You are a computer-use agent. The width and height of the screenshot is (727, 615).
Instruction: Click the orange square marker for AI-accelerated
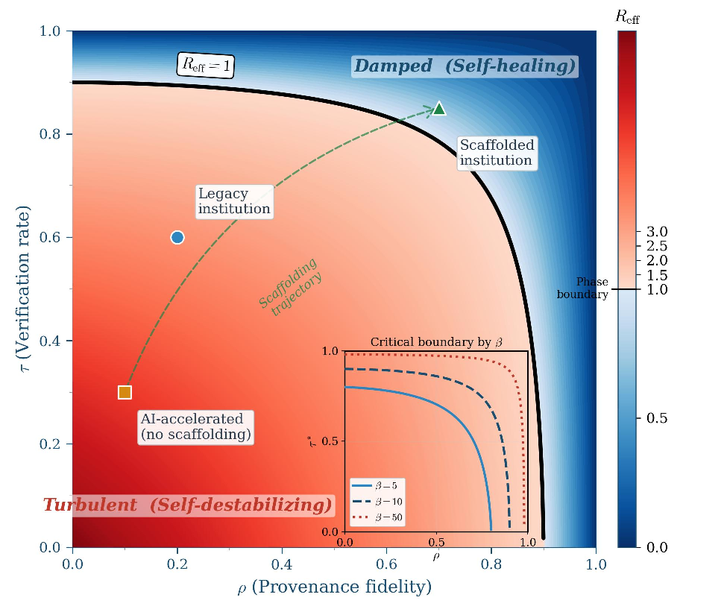(125, 392)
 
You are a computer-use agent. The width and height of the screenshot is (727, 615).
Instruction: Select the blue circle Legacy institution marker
(177, 237)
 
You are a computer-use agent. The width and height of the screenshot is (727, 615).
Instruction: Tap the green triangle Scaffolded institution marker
(439, 109)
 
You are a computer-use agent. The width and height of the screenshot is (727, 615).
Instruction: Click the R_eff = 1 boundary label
(206, 66)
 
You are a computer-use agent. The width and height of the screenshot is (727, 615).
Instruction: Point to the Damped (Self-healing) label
(465, 66)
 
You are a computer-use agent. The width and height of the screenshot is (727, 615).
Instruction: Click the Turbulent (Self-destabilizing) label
(187, 505)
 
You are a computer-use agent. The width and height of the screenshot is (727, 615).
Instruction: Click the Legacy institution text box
(234, 201)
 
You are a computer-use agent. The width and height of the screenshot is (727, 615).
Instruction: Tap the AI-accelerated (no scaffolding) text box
(195, 427)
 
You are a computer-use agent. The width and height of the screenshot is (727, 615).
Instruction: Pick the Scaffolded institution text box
(496, 153)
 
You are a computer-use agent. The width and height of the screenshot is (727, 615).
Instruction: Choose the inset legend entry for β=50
(379, 516)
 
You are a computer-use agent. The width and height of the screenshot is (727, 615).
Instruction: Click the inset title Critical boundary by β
(437, 341)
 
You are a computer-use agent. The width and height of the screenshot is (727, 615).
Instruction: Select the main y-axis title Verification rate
(27, 288)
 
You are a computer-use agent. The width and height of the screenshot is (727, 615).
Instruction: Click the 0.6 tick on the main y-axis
(51, 238)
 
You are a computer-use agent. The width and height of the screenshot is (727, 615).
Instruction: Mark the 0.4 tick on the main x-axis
(282, 563)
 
